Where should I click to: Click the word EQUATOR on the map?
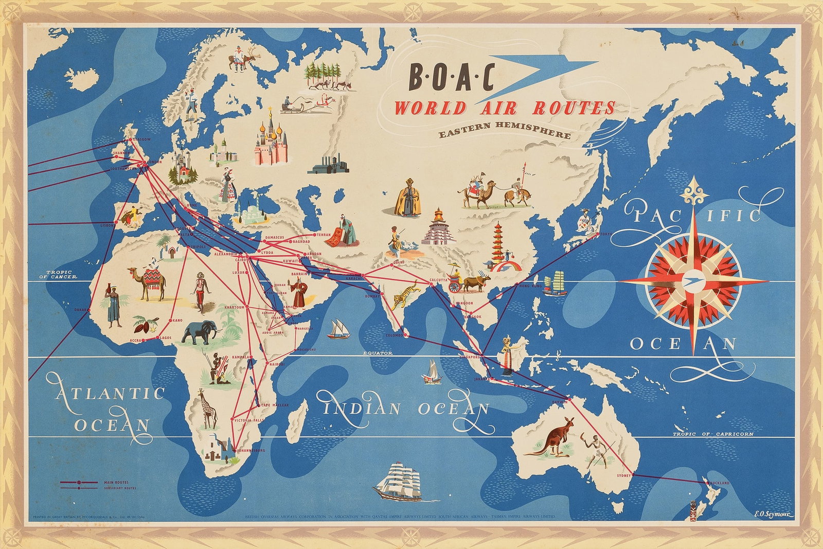tap(378, 353)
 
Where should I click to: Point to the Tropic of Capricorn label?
tap(713, 434)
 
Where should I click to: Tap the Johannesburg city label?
tap(252, 450)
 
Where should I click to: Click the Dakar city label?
tap(80, 310)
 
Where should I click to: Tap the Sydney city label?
tap(623, 475)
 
